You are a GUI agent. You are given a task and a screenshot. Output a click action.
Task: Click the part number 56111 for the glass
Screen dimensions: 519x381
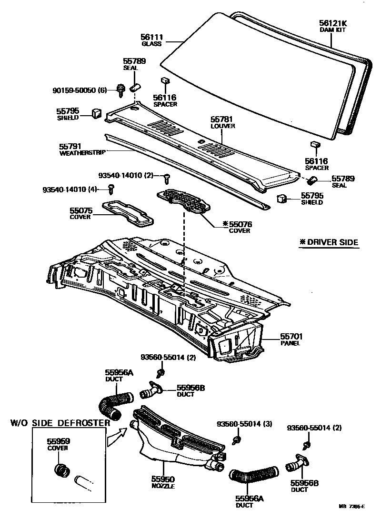151,37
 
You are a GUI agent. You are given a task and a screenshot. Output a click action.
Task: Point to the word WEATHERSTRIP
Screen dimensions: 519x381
82,153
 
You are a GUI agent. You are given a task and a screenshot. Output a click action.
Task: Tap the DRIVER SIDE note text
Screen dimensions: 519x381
329,242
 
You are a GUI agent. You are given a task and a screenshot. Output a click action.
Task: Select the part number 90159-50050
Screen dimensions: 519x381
74,90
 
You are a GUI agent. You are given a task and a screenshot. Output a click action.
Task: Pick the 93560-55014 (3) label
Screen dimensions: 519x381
244,424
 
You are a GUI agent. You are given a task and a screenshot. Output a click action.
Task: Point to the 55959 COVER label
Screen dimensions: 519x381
58,444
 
